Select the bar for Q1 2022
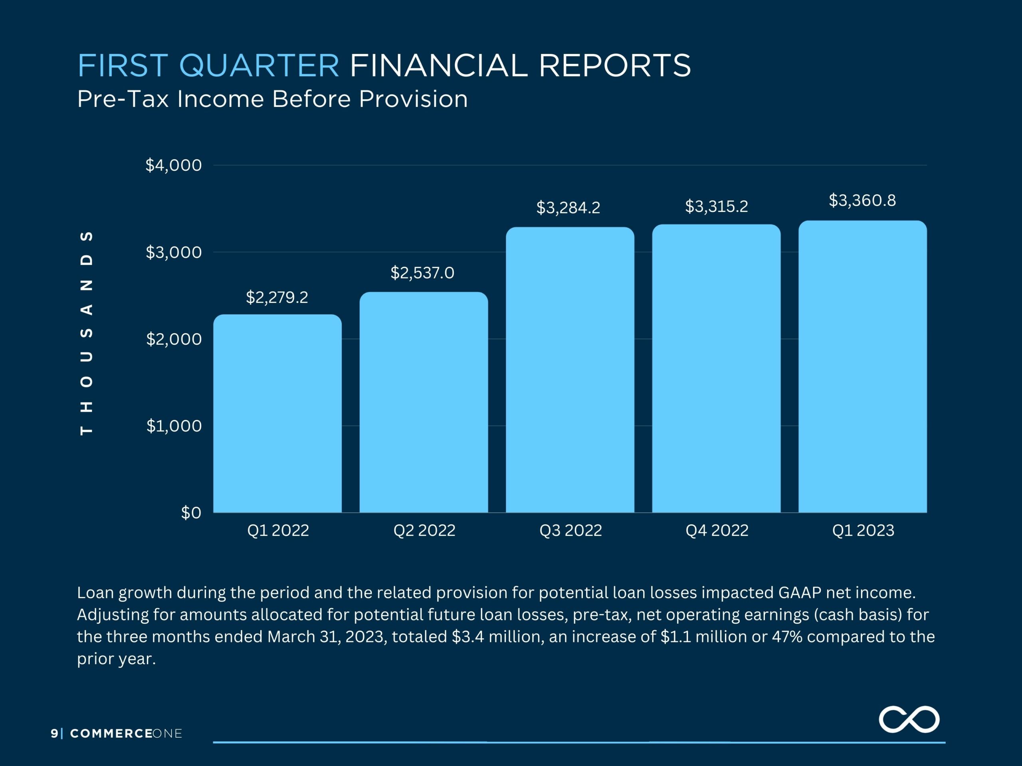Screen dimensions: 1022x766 click(x=277, y=413)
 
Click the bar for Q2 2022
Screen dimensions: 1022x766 click(x=424, y=402)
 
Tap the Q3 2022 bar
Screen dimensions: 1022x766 click(x=570, y=369)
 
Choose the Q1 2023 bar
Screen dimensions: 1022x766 click(x=863, y=366)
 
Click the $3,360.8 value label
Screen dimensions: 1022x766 click(x=862, y=200)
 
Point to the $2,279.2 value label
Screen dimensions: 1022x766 click(x=277, y=297)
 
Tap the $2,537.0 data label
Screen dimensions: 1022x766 click(x=422, y=273)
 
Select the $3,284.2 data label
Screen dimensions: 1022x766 click(x=568, y=208)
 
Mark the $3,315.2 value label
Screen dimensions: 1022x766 click(x=717, y=206)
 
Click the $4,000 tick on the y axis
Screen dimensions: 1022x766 click(x=174, y=165)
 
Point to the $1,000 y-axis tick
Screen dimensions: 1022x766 click(x=174, y=426)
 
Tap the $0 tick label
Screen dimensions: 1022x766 click(x=191, y=513)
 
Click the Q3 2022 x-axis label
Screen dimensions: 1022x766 click(x=570, y=531)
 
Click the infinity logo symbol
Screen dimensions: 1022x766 click(x=909, y=719)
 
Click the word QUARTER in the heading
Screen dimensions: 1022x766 click(x=259, y=65)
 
